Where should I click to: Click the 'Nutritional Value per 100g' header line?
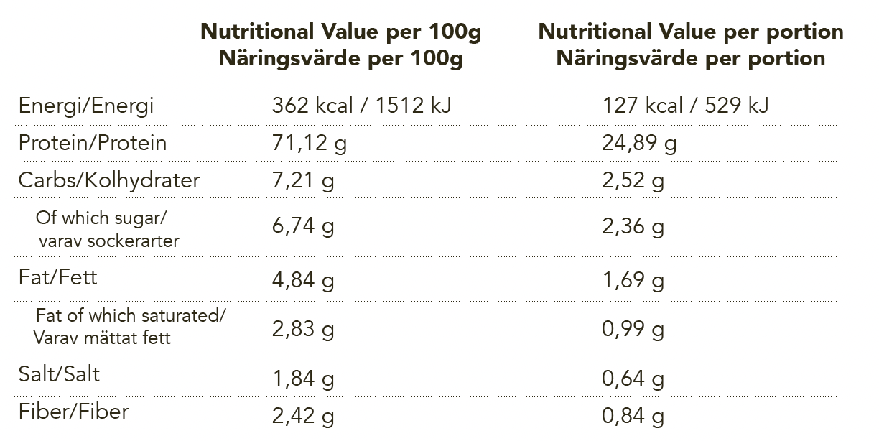tap(340, 32)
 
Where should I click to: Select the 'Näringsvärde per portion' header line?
tap(691, 59)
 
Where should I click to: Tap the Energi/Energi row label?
tap(86, 106)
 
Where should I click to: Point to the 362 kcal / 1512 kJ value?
tap(361, 105)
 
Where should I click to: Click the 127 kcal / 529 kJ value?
tap(685, 105)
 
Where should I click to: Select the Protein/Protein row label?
tap(93, 142)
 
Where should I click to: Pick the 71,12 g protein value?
tap(310, 143)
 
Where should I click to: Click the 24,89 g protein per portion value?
tap(639, 143)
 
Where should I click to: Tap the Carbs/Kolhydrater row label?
tap(109, 180)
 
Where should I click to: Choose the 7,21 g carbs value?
tap(303, 181)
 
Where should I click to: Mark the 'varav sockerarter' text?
tap(108, 241)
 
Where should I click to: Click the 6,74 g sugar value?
tap(303, 226)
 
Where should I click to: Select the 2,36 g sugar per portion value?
tap(633, 226)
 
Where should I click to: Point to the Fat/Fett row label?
tap(57, 277)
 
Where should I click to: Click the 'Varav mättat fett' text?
tap(102, 338)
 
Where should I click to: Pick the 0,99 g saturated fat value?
tap(633, 329)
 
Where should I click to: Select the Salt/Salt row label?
tap(59, 374)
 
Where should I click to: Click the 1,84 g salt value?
tap(303, 379)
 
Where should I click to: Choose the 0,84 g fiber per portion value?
tap(633, 416)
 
